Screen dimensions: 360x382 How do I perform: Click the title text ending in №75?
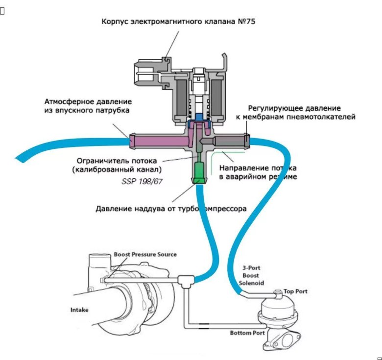178,22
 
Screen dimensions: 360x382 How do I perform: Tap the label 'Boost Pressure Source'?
145,254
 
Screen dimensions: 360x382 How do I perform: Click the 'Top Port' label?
295,291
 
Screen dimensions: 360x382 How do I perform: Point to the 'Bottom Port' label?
247,333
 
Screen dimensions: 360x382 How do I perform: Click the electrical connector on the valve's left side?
144,78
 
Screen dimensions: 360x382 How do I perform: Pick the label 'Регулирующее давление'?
294,108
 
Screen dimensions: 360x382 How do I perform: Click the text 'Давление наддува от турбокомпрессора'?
171,208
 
